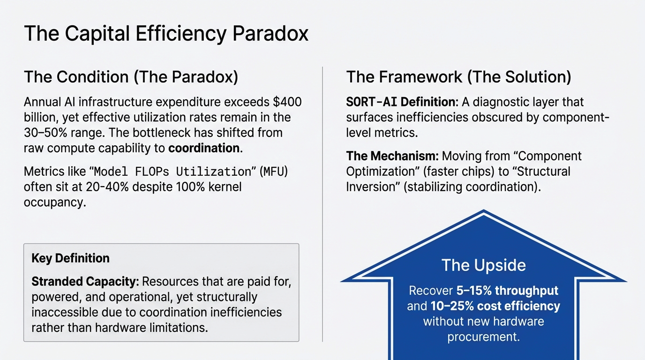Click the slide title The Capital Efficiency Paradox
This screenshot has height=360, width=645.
(x=166, y=34)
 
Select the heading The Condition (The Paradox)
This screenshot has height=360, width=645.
(x=131, y=77)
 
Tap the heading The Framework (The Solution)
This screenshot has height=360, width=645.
(x=458, y=77)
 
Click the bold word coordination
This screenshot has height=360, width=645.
(x=204, y=148)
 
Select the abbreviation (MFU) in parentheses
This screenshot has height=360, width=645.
(x=275, y=172)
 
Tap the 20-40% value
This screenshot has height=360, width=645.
(x=116, y=187)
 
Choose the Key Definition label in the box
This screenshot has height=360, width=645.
(x=70, y=258)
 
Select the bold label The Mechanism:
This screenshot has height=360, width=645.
(x=392, y=156)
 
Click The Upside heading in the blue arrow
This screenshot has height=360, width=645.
(x=483, y=265)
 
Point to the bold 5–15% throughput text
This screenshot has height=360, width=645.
(x=507, y=291)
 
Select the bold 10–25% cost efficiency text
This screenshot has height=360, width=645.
(x=495, y=306)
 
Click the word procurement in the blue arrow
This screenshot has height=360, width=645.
(x=483, y=337)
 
